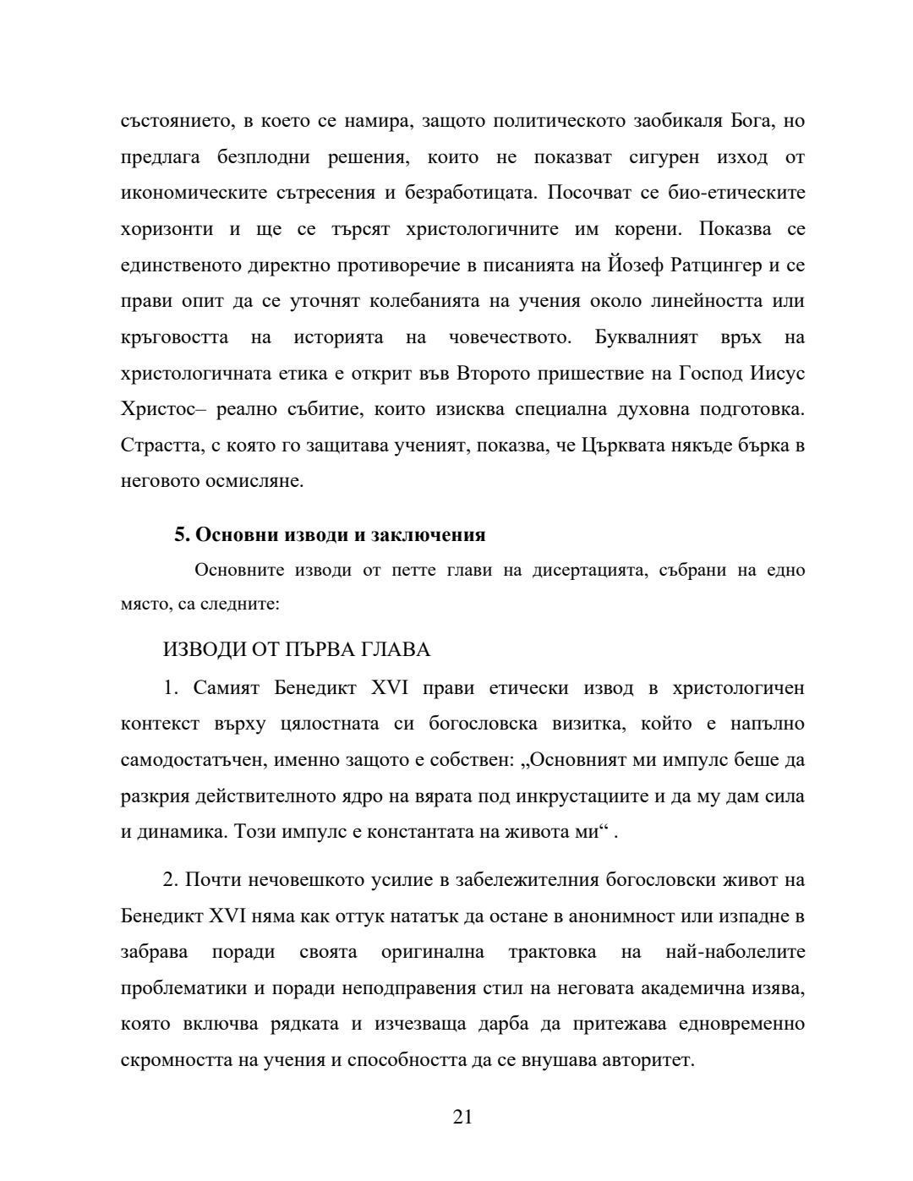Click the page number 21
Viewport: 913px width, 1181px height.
pyautogui.click(x=462, y=1117)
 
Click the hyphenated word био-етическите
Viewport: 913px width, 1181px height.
pyautogui.click(x=734, y=193)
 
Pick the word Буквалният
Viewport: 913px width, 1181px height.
pyautogui.click(x=647, y=337)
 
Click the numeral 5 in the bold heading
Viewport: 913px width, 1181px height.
pyautogui.click(x=179, y=534)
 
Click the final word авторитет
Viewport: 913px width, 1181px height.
pyautogui.click(x=646, y=1060)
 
